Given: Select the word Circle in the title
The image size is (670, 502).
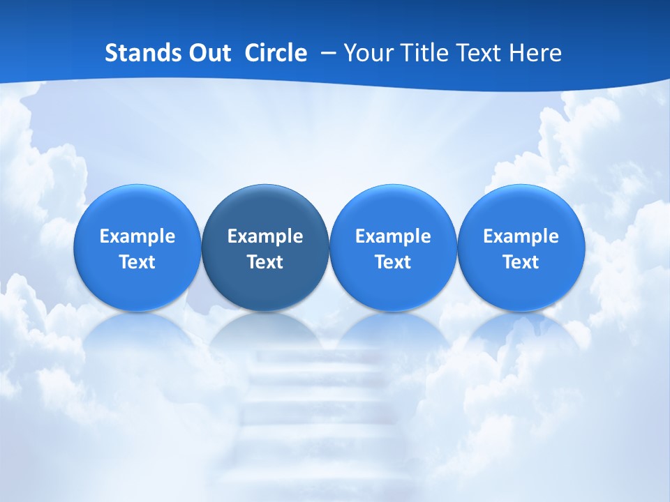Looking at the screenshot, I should pyautogui.click(x=276, y=53).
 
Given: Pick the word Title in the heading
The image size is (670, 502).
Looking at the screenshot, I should pyautogui.click(x=424, y=53).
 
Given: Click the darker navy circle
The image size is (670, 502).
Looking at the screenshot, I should pyautogui.click(x=265, y=248).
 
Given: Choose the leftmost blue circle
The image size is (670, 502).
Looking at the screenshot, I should pyautogui.click(x=137, y=248).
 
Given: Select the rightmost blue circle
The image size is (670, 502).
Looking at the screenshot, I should pyautogui.click(x=521, y=248).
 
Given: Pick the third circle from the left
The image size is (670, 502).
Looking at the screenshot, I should pyautogui.click(x=393, y=248).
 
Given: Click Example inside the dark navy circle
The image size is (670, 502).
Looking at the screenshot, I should pyautogui.click(x=265, y=236).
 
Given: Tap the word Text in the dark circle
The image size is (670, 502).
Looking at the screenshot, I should pyautogui.click(x=265, y=262).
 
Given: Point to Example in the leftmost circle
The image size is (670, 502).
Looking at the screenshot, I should pyautogui.click(x=137, y=236).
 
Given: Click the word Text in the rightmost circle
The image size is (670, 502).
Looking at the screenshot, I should pyautogui.click(x=521, y=262).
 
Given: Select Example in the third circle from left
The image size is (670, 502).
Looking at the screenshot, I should pyautogui.click(x=393, y=236).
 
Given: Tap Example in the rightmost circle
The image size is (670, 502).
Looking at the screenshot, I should pyautogui.click(x=521, y=236).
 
